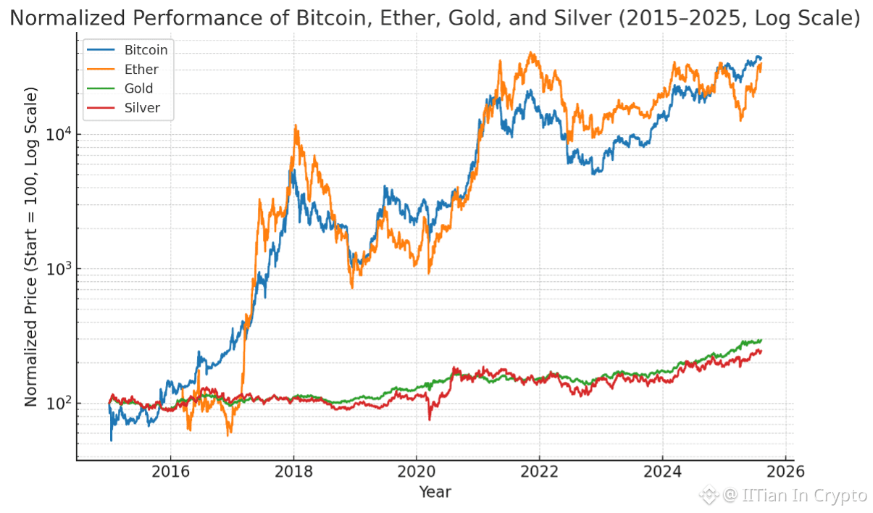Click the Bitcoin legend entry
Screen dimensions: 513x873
point(146,50)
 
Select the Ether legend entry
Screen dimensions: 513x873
point(141,70)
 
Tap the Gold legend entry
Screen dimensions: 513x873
point(138,88)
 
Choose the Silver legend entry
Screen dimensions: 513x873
point(142,108)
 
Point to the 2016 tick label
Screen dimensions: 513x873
point(170,472)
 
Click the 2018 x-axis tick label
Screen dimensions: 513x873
point(293,472)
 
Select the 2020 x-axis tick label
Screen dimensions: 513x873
point(417,472)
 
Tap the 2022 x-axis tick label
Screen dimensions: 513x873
point(540,472)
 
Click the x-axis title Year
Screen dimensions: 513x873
point(435,493)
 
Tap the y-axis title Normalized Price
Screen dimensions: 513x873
point(31,246)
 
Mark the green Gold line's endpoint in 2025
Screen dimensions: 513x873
point(761,340)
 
